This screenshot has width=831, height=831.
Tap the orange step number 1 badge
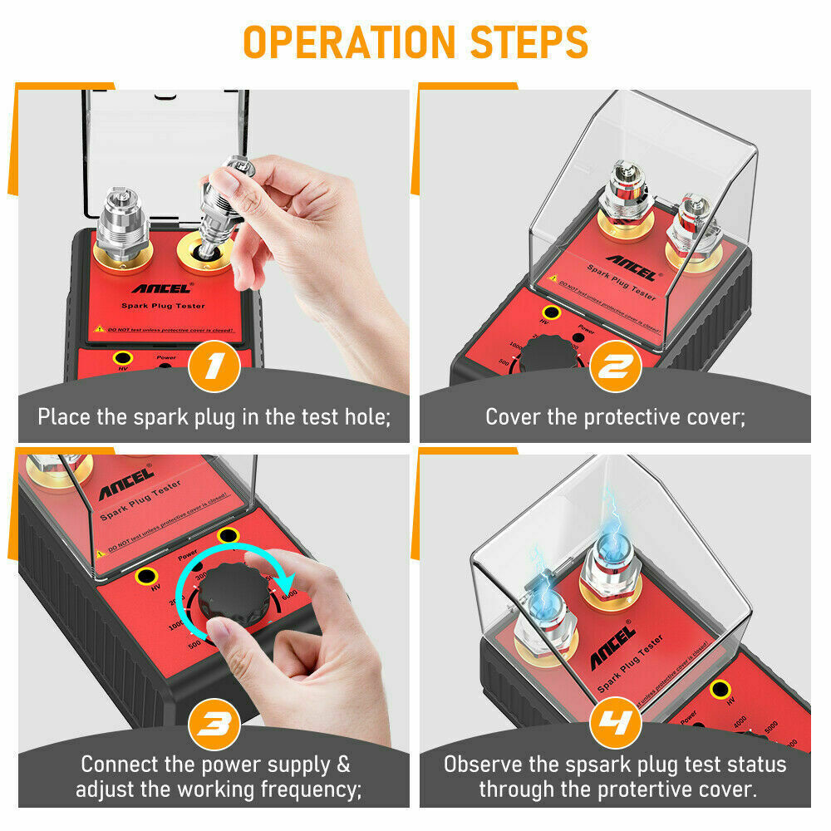[x=214, y=366]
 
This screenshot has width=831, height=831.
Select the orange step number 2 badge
[x=615, y=366]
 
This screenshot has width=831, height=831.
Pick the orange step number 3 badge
[x=214, y=725]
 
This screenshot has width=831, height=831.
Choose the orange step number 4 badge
[x=615, y=725]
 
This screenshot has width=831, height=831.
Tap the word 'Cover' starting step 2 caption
[x=512, y=416]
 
